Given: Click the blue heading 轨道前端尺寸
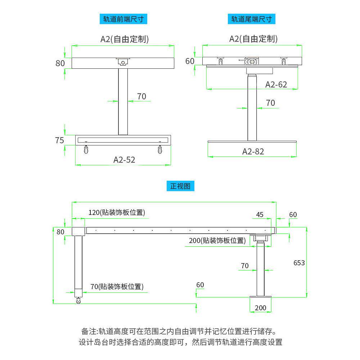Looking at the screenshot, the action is point(123,19).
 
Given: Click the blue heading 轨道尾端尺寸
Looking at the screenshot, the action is point(251,19).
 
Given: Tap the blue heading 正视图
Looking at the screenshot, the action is point(182,186).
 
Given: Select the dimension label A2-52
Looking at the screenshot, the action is point(124,159).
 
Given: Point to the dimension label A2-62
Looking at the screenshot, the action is point(276,84).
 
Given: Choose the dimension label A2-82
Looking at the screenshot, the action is point(253,151).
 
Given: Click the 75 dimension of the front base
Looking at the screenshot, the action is point(60,140).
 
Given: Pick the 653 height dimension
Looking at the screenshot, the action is point(299,263).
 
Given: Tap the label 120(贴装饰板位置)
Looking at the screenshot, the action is point(117,212).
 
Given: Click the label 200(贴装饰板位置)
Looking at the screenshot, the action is point(217,240).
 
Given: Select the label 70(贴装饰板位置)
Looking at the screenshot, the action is point(117,287).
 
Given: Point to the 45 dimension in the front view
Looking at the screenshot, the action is point(260,215).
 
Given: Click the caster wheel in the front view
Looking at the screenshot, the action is point(78,301).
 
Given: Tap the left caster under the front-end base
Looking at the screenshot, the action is point(86,150).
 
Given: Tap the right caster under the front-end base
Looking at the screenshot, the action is point(159,150).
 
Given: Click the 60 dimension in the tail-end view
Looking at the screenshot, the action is point(190,61).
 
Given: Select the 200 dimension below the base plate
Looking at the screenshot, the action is point(260,308).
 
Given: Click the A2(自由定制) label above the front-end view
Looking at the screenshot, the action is point(124,39).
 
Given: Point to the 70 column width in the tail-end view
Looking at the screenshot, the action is point(270,103).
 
